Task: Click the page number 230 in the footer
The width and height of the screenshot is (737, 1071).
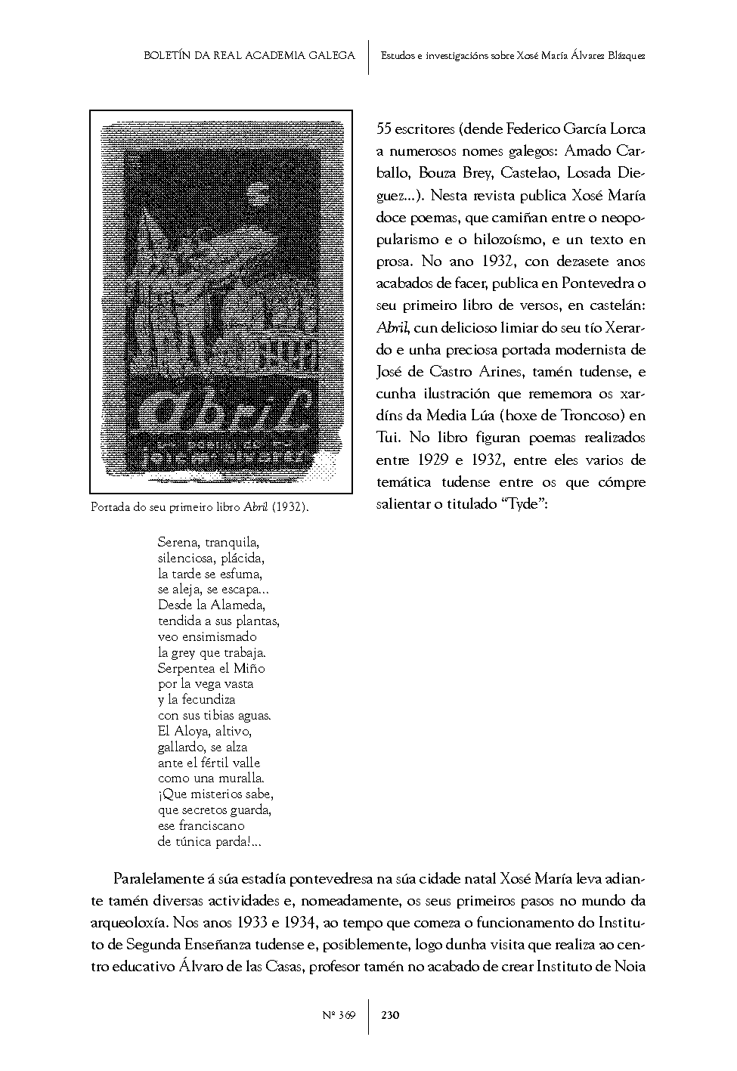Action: pyautogui.click(x=390, y=1015)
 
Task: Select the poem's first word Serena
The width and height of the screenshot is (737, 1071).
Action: pyautogui.click(x=176, y=543)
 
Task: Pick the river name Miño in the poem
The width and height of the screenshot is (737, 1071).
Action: pyautogui.click(x=249, y=668)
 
